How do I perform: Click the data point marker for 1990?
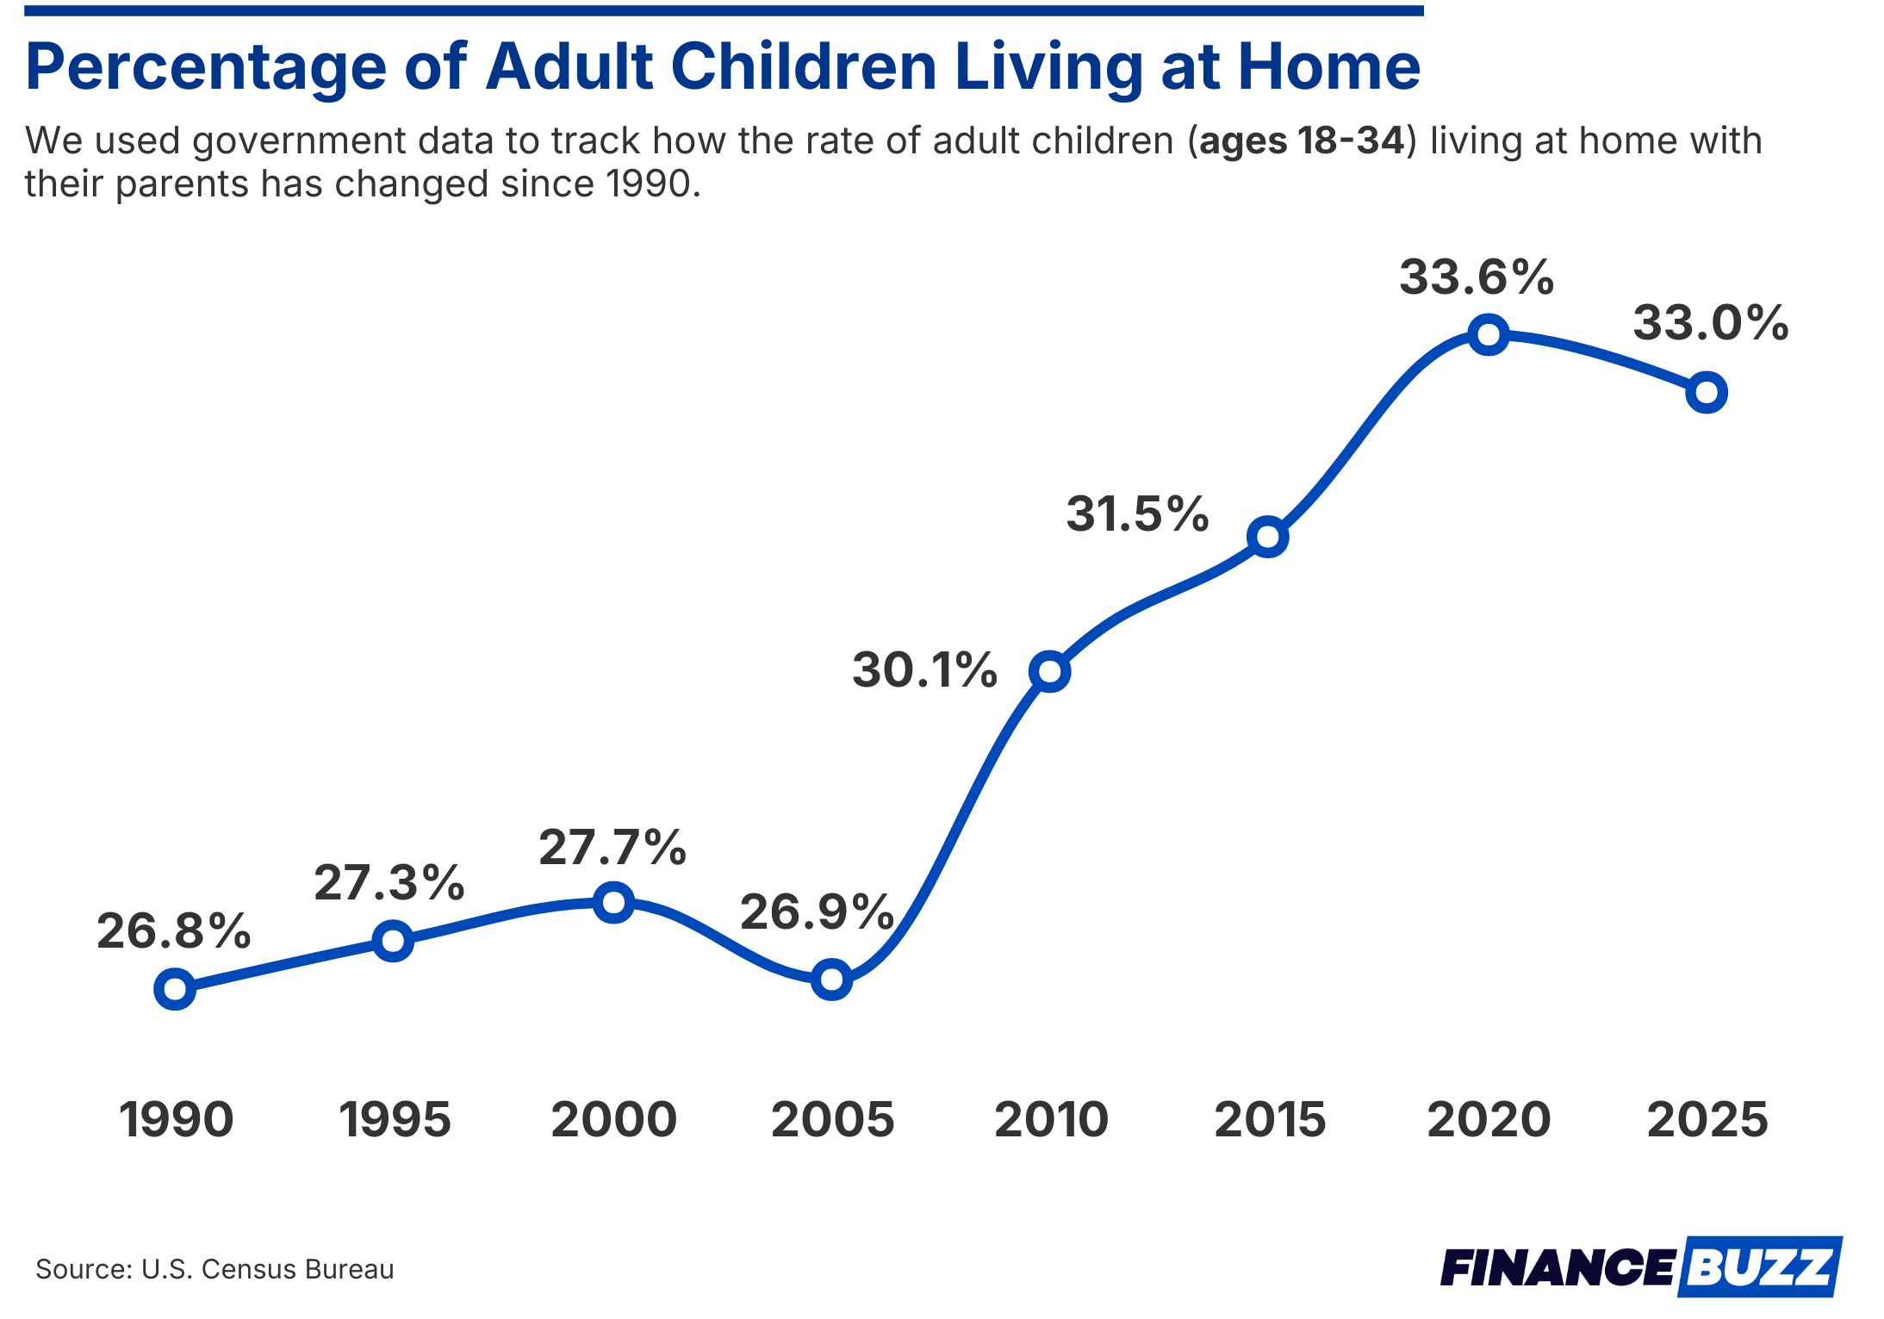(175, 989)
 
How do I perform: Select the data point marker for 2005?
(831, 980)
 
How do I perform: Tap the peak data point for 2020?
(1489, 334)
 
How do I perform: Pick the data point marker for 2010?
(1050, 671)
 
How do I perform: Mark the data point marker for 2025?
(1707, 393)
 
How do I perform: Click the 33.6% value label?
(1477, 277)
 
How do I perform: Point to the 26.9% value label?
(817, 912)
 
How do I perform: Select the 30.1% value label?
(924, 670)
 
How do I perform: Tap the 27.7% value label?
(612, 848)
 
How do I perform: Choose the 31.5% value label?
(1137, 514)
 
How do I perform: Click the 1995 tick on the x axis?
(395, 1120)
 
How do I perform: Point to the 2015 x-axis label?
(1270, 1120)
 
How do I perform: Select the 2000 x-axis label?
(613, 1120)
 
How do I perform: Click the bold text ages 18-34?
(1301, 141)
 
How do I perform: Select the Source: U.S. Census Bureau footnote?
(215, 1269)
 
